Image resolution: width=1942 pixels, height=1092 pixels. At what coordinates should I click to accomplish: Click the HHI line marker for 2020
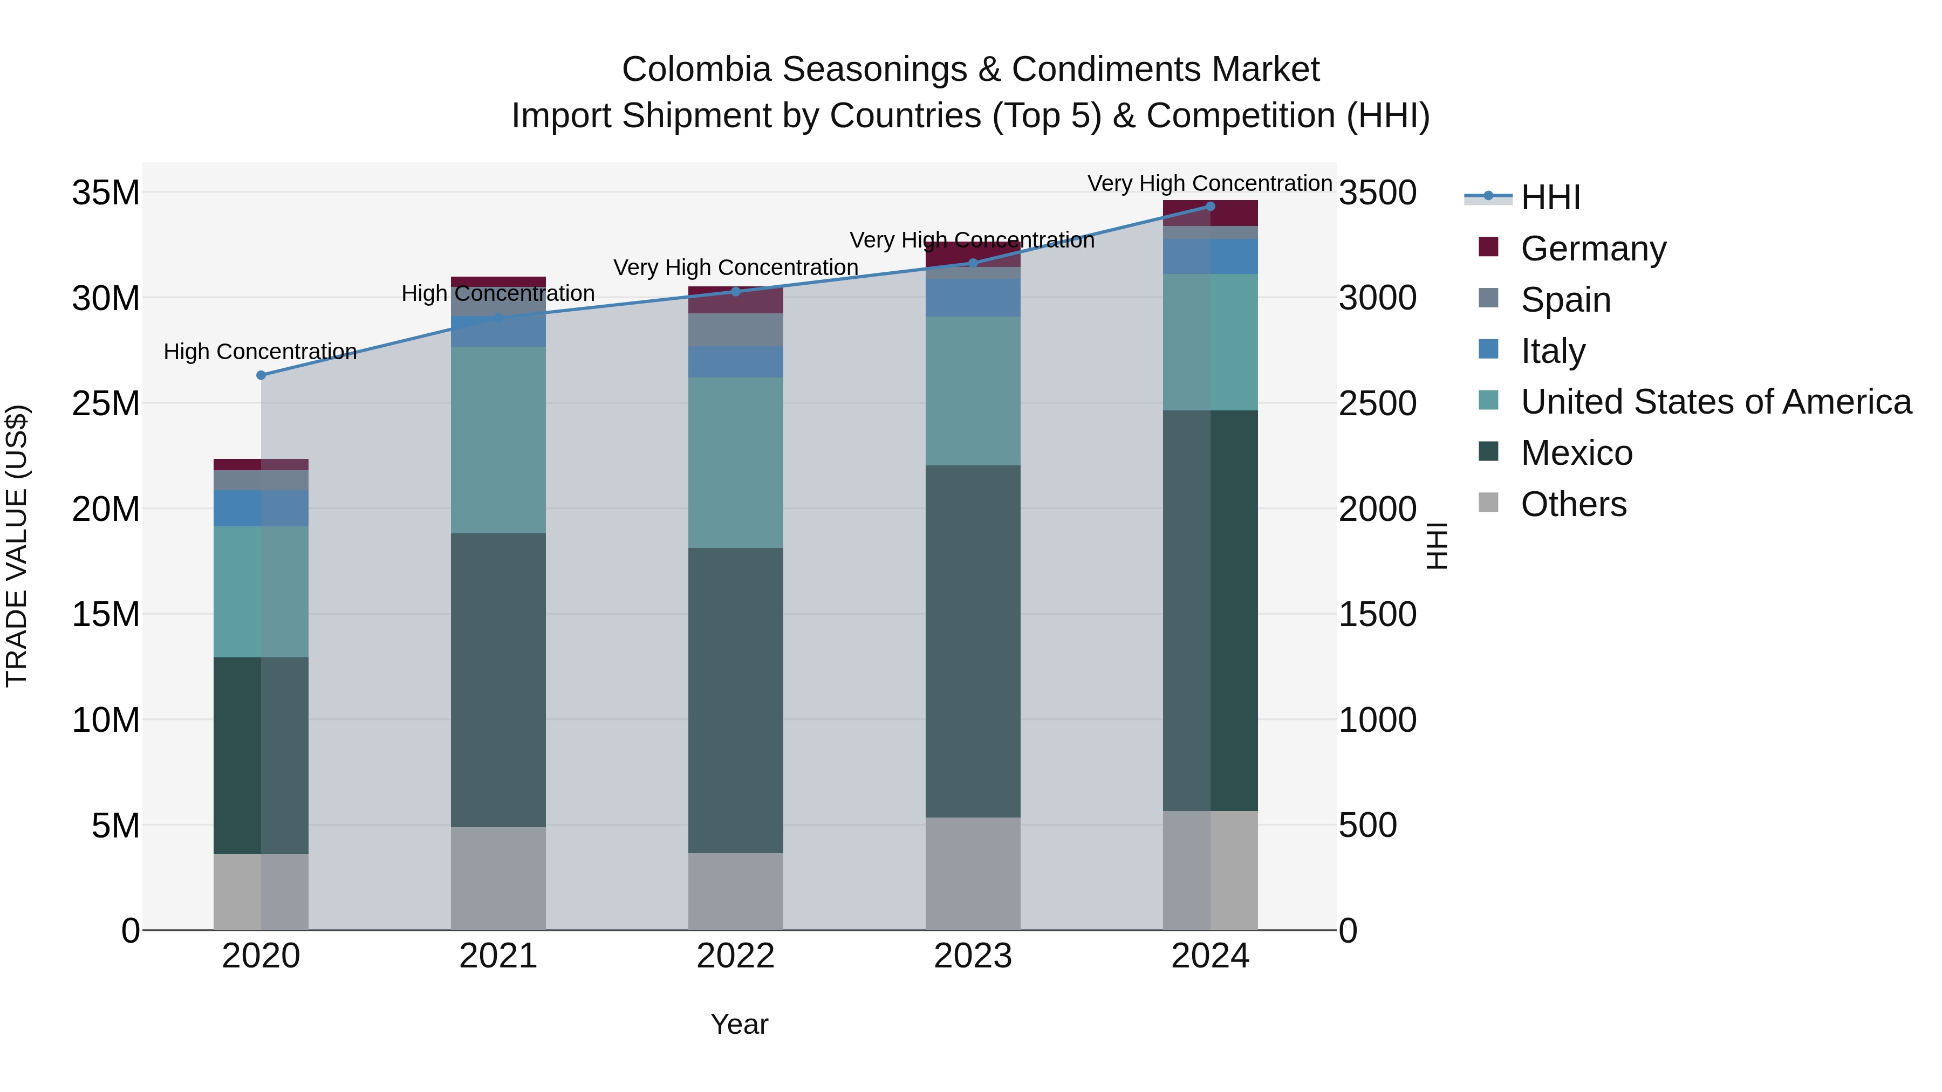coord(261,375)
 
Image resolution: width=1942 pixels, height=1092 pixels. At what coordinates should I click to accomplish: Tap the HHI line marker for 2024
coord(1210,207)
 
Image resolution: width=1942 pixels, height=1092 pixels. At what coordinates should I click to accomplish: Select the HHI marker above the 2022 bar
coord(736,292)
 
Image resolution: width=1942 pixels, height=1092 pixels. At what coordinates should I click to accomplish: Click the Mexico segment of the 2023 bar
coord(973,641)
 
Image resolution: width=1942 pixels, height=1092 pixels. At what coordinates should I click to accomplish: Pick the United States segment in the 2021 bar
coord(498,440)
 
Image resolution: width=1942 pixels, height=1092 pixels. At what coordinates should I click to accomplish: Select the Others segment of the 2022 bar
coord(736,891)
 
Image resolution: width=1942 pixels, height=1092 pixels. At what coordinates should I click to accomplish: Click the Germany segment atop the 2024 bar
coord(1210,213)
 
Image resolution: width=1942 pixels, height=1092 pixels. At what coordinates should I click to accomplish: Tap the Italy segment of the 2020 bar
coord(261,508)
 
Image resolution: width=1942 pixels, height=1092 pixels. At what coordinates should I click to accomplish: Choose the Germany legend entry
coord(1593,249)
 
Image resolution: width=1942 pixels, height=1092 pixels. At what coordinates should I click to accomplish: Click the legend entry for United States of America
coord(1715,402)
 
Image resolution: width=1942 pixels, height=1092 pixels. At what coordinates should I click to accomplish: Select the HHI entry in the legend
coord(1550,197)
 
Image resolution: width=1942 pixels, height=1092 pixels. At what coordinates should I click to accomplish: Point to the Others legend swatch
coord(1488,503)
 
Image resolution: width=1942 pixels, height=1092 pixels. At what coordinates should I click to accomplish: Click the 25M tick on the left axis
coord(106,403)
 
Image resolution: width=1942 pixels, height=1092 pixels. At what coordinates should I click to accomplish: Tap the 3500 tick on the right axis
coord(1377,193)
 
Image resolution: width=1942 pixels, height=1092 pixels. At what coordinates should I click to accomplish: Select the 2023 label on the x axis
coord(973,956)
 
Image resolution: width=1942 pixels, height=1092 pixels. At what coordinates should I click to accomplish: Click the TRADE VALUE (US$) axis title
coord(17,546)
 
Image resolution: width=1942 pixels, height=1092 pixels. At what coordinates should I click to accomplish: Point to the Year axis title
coord(739,1024)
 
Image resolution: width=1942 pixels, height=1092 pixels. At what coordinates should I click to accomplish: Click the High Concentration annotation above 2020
coord(260,352)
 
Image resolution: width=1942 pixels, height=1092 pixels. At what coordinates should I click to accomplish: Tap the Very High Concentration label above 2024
coord(1209,183)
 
